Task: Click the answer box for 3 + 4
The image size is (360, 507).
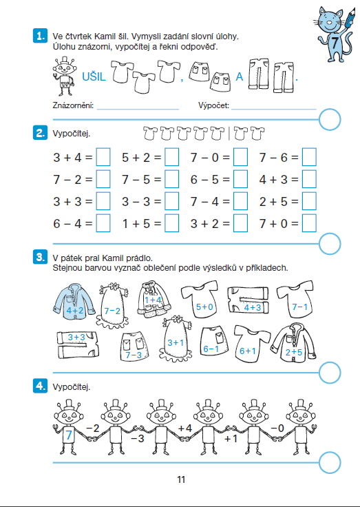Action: coord(103,157)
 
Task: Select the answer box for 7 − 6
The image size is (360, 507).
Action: coord(309,157)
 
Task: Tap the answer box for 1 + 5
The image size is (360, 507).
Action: coord(171,223)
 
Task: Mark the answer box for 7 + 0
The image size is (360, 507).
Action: coord(309,223)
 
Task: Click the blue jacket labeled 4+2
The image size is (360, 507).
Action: coord(74,302)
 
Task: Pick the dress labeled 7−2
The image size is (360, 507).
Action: coord(112,306)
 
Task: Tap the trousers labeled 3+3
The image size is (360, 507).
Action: coord(78,344)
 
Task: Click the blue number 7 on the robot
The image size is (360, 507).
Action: coord(69,435)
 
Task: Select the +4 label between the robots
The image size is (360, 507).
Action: coord(185,428)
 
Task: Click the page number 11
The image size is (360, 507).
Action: coord(181,479)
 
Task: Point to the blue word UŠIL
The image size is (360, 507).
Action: coord(94,77)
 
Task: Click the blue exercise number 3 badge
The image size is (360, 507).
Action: coord(40,258)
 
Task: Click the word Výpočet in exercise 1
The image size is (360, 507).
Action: coord(213,105)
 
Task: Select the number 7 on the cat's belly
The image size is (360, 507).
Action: coord(334,43)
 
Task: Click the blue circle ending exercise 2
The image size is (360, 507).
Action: coord(330,243)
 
